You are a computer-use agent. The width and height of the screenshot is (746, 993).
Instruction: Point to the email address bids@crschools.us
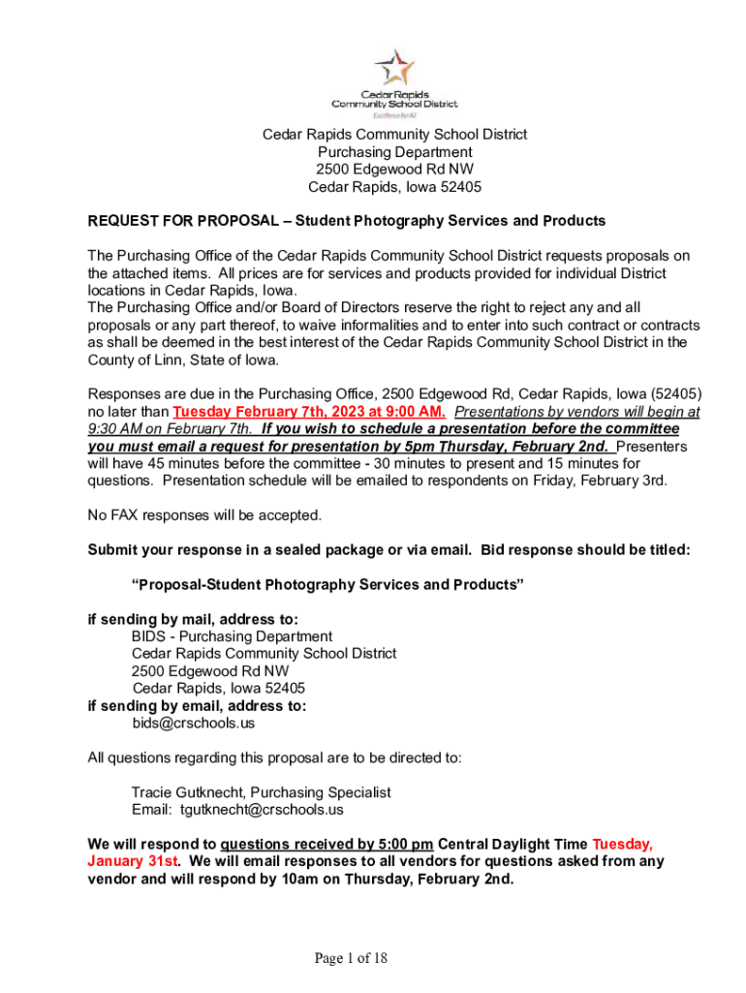point(193,723)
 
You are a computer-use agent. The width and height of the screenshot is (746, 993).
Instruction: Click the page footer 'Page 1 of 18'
point(350,959)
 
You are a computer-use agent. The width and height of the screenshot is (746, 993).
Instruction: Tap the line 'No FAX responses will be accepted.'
point(204,515)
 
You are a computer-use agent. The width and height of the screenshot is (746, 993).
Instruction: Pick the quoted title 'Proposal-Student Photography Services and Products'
point(327,585)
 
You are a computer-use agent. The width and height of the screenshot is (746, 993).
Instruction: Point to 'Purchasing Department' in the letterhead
point(394,152)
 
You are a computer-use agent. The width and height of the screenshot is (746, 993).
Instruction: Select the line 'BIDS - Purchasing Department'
point(232,636)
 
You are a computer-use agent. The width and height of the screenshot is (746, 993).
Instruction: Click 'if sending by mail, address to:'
point(193,619)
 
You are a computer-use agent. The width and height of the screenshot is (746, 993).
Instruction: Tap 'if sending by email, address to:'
point(197,706)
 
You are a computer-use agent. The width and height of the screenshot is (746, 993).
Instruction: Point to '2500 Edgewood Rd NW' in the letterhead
point(394,170)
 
